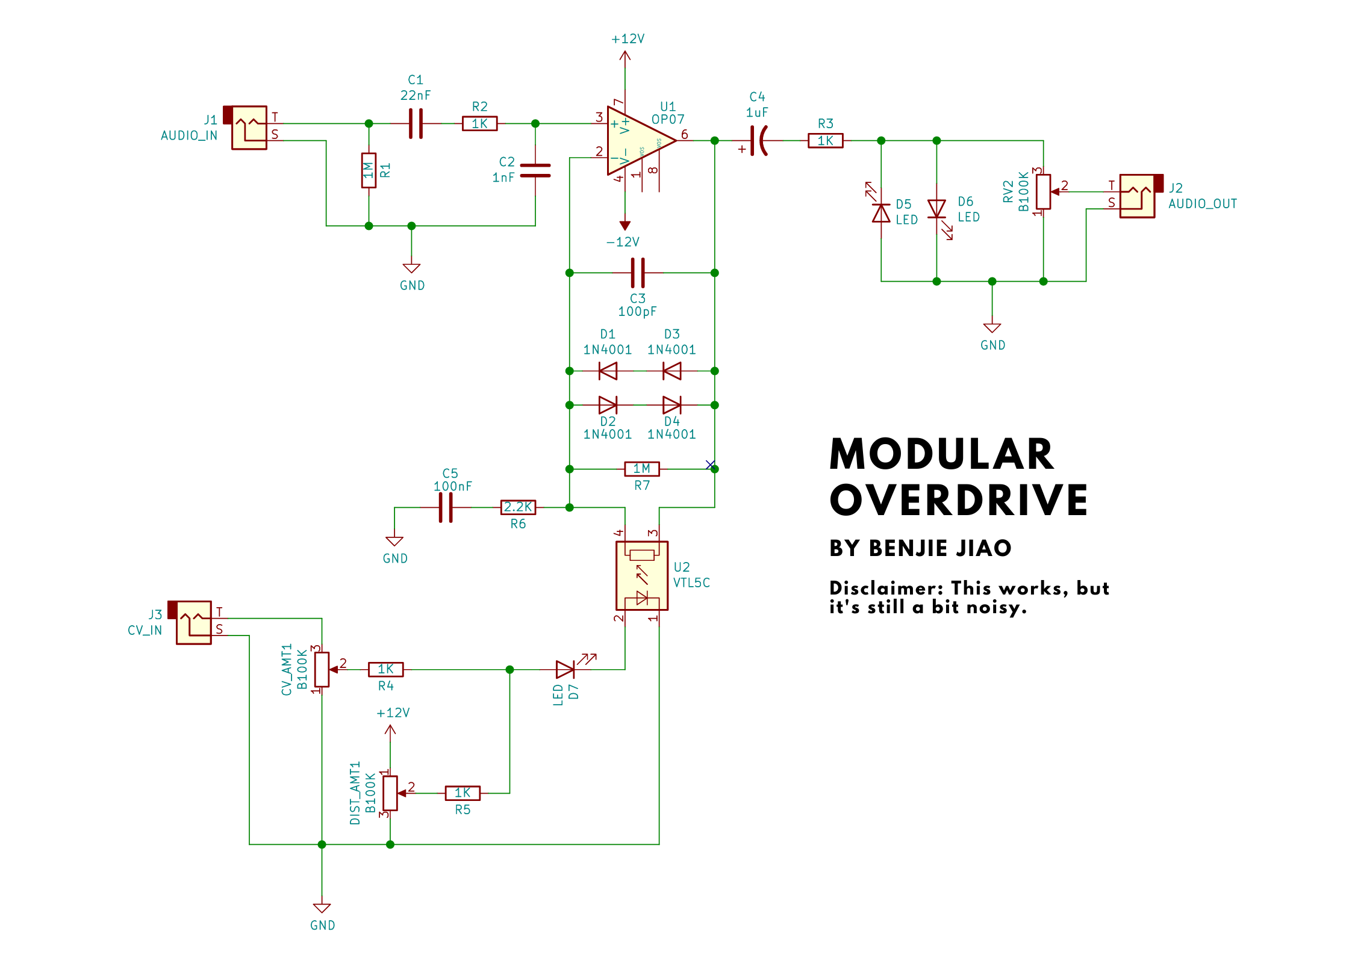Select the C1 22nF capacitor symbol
416,123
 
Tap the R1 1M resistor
369,170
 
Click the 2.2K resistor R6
518,507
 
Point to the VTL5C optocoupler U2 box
642,576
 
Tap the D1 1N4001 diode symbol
608,371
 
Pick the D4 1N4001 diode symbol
671,405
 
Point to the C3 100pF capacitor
638,273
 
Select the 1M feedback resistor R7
642,469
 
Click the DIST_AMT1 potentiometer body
390,793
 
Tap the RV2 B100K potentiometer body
1044,192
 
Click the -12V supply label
623,242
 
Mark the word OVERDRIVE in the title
959,501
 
